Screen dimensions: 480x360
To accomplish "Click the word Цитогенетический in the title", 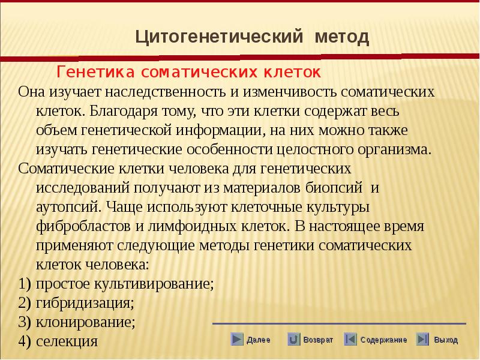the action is point(219,37).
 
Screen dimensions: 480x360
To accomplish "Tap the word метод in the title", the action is point(342,37).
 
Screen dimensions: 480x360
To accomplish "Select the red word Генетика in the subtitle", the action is point(95,72).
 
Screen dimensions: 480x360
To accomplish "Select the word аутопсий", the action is point(68,207).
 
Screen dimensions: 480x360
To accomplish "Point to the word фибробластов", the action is point(83,226).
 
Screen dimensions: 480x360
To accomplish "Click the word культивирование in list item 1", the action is point(154,284).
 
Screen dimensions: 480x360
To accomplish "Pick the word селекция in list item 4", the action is point(67,341).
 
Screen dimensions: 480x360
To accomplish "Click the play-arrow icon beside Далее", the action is point(236,339).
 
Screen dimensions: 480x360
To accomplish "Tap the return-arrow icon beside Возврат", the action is point(293,339).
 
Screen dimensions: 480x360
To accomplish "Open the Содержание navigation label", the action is point(383,340).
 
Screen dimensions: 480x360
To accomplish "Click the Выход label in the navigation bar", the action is point(446,340).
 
